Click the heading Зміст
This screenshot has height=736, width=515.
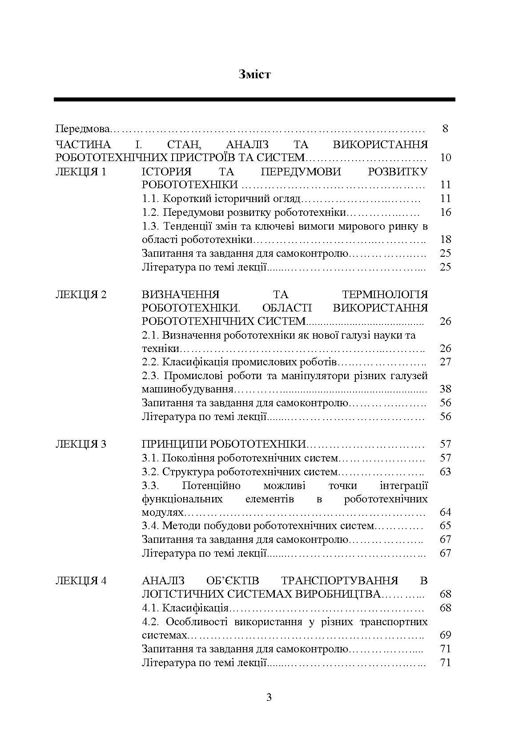[x=254, y=74]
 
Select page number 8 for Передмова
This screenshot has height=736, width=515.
[x=445, y=129]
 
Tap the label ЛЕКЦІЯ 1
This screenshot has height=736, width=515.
[x=81, y=172]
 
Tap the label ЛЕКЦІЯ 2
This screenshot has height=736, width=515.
[x=81, y=295]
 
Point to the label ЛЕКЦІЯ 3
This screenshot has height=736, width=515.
[x=81, y=444]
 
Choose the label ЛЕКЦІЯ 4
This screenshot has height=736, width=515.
[x=81, y=581]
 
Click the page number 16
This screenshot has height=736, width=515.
[x=445, y=212]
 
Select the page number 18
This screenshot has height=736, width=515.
[x=445, y=240]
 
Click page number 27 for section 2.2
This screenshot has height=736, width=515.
[x=445, y=362]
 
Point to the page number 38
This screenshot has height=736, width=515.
[x=445, y=389]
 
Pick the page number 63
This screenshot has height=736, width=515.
[x=445, y=472]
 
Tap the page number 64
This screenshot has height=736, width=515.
[x=445, y=512]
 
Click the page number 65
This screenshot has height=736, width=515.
[x=445, y=526]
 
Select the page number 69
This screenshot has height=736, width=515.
[x=445, y=635]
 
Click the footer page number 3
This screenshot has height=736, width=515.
[x=269, y=697]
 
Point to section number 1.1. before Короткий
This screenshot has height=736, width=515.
[x=151, y=199]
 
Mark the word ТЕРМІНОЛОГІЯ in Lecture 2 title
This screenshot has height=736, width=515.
[x=385, y=295]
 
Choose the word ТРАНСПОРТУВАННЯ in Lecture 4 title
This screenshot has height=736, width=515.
[x=339, y=581]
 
